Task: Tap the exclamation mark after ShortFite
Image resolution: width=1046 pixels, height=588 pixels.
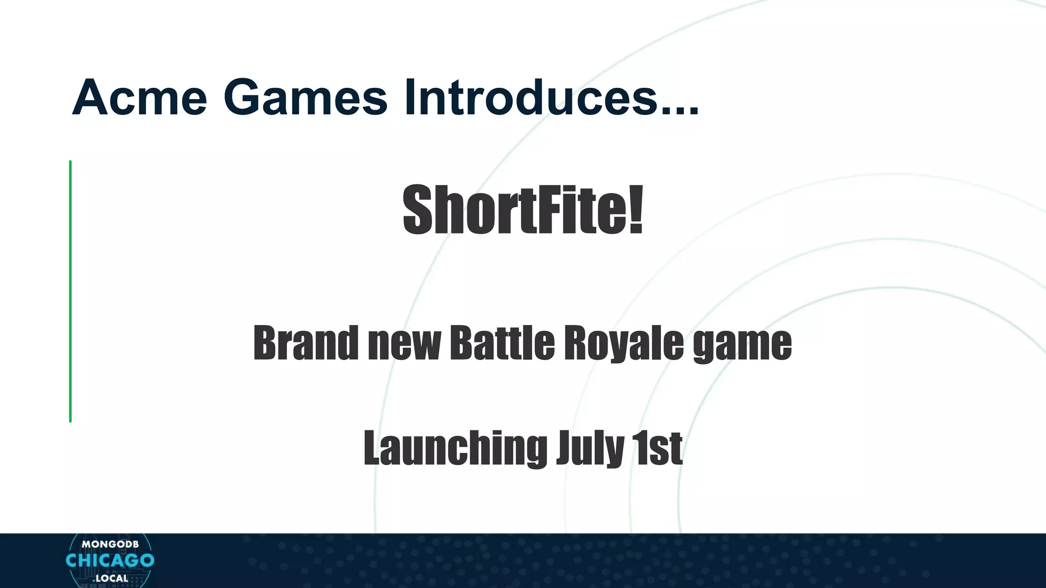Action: point(635,210)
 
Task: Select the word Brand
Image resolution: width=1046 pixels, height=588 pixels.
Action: point(305,342)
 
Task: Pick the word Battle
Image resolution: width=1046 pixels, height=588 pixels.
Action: point(502,342)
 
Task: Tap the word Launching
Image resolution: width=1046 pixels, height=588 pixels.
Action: point(455,448)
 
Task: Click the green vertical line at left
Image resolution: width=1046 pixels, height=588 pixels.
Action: point(70,291)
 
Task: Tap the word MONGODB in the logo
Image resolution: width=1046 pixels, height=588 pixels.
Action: point(110,544)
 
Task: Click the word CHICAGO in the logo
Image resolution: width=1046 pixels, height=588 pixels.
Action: point(110,560)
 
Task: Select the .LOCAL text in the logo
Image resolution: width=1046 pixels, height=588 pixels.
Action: point(110,578)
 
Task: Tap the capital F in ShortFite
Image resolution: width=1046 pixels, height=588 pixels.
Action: point(548,210)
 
